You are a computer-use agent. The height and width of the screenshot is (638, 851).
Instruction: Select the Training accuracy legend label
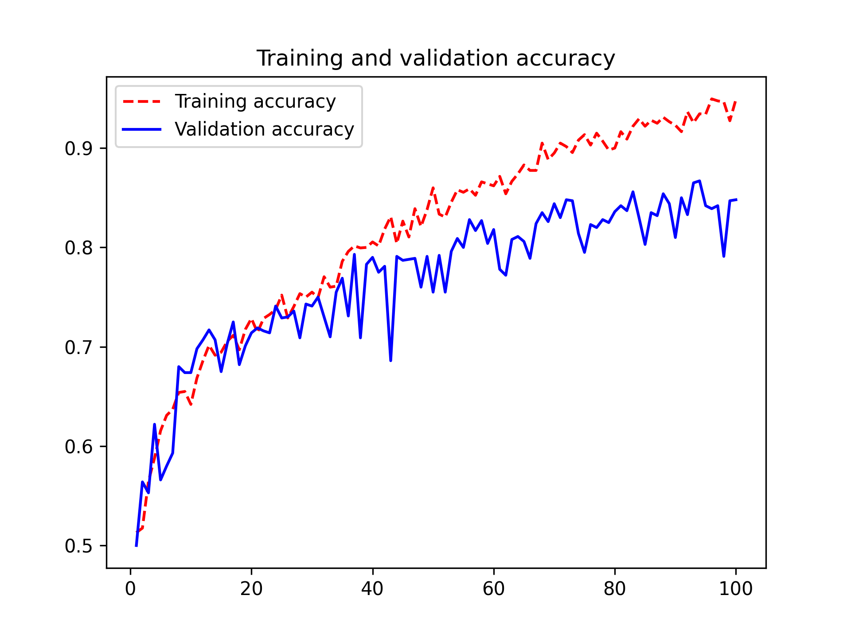255,101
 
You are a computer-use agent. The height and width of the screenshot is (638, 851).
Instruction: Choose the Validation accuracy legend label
264,129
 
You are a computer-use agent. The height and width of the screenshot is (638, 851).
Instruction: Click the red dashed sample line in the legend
142,101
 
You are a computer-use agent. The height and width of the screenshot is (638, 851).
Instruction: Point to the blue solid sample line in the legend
142,129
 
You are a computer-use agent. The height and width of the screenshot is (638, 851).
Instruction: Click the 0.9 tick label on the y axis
78,148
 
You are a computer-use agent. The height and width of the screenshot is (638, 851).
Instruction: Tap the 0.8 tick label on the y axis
78,248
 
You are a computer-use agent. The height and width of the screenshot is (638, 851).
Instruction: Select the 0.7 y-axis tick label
78,347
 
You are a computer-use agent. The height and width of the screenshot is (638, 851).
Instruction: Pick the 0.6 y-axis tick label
78,447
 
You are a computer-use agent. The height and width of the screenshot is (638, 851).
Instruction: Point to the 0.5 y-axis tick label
78,546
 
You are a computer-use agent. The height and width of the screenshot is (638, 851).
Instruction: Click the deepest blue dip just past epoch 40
390,360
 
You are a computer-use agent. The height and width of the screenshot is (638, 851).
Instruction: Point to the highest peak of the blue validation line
699,181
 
